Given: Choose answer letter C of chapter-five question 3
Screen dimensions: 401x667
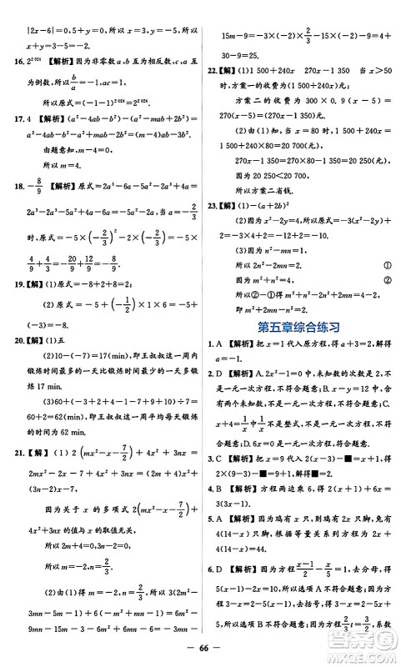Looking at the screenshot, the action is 224,479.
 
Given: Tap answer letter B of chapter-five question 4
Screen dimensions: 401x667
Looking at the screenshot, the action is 224,514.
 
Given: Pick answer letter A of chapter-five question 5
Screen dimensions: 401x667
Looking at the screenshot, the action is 224,549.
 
